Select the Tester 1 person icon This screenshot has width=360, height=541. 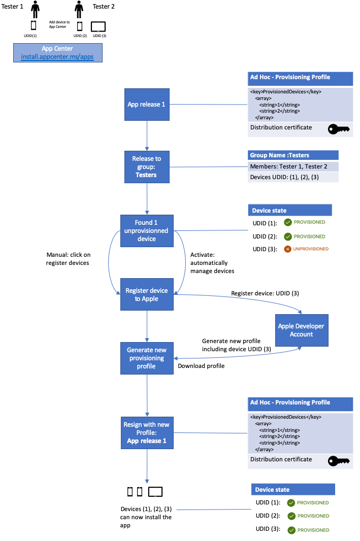(35, 9)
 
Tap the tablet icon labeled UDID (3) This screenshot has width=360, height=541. (98, 26)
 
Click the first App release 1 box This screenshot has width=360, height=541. (146, 105)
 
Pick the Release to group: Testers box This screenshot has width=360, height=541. (146, 166)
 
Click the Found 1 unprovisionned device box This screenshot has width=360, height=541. (146, 230)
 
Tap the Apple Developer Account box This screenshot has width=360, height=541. (301, 330)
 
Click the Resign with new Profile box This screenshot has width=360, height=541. (146, 433)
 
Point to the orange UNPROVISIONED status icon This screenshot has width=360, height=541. (287, 249)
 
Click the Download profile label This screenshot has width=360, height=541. (201, 366)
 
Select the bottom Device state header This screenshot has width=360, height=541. (293, 489)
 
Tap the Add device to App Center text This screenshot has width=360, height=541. (59, 24)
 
